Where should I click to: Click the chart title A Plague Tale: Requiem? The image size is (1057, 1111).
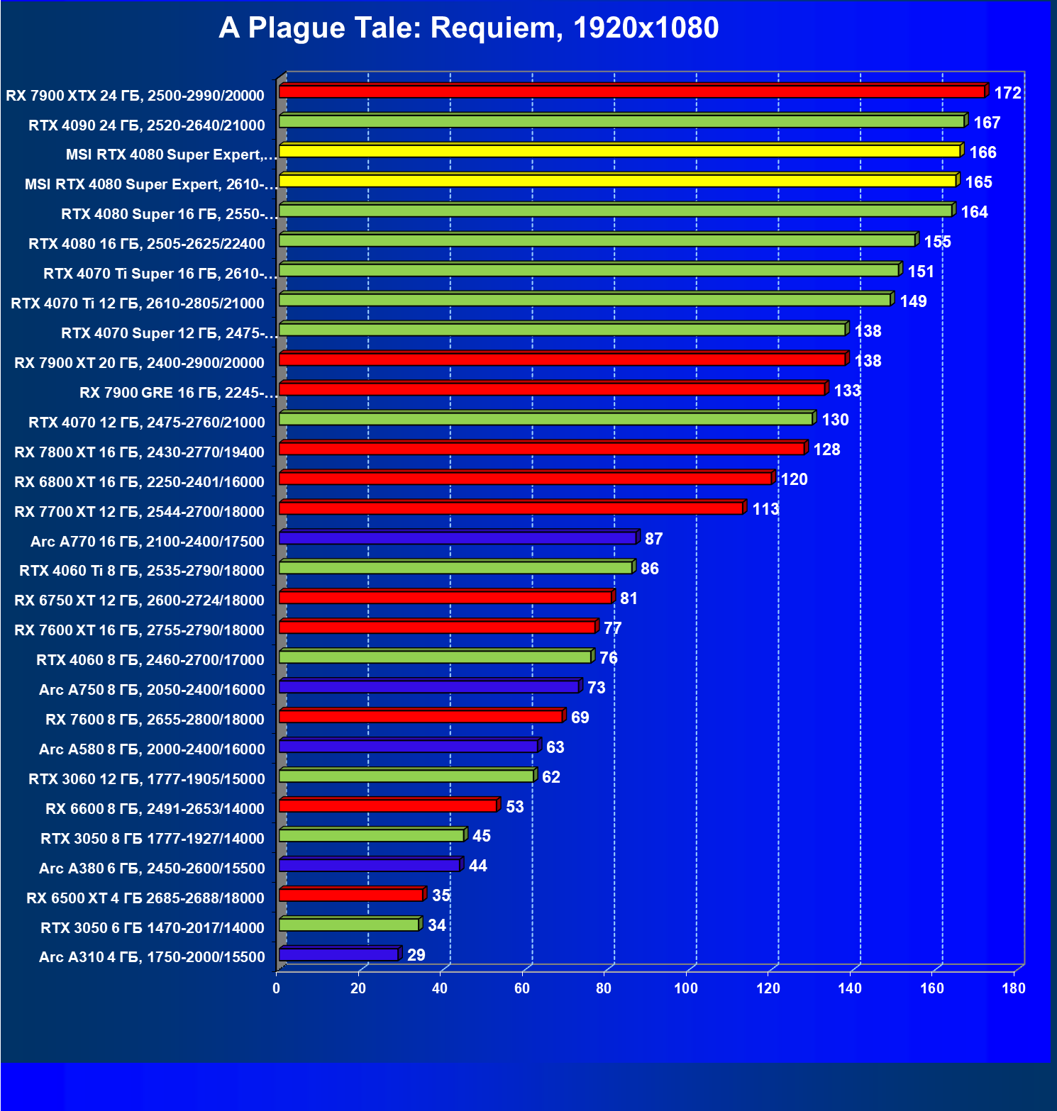(468, 28)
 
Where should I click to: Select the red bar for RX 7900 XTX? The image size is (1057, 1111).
(631, 91)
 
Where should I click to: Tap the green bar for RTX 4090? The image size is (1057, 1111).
(621, 121)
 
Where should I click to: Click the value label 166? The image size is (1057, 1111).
(983, 152)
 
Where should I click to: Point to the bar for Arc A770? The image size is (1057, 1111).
(458, 538)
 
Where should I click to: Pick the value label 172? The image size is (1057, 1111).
(1007, 93)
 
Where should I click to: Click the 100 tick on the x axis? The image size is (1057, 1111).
(686, 988)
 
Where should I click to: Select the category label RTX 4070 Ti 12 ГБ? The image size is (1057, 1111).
(138, 303)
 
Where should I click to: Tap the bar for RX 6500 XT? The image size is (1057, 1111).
(351, 895)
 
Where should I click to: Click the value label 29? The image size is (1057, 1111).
(416, 955)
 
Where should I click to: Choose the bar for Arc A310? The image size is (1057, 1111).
(339, 954)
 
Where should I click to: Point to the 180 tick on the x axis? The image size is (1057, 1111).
(1014, 988)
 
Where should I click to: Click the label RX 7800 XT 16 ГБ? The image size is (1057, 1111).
(139, 452)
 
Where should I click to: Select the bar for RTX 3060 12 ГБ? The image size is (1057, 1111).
(406, 776)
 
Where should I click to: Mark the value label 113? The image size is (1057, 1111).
(765, 509)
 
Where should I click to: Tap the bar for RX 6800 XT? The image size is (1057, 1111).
(525, 479)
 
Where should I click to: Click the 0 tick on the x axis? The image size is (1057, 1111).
(277, 988)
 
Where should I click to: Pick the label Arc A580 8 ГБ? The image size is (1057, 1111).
(152, 749)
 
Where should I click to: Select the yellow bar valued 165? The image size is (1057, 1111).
(617, 181)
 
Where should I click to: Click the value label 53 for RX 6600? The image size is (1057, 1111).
(514, 807)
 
